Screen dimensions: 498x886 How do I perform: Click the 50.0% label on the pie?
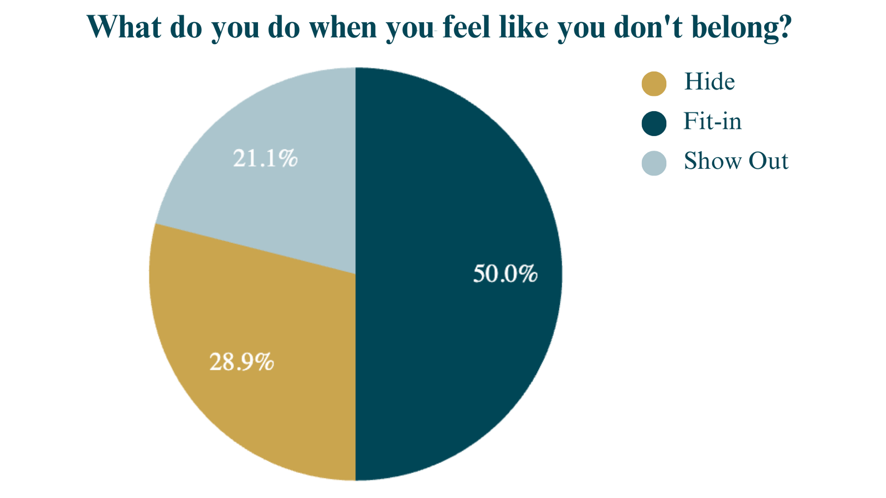pyautogui.click(x=505, y=274)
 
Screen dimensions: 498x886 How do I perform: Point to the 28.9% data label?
pyautogui.click(x=241, y=362)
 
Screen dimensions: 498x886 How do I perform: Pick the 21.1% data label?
pyautogui.click(x=265, y=159)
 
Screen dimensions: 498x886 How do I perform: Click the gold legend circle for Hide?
pyautogui.click(x=654, y=84)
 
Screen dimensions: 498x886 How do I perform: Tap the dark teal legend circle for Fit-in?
pyautogui.click(x=654, y=123)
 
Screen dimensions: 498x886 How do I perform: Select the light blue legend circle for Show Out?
pyautogui.click(x=654, y=163)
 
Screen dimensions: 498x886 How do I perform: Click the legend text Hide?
pyautogui.click(x=709, y=82)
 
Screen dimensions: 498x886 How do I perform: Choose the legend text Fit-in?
pyautogui.click(x=712, y=122)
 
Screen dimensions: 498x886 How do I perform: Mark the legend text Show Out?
pyautogui.click(x=735, y=162)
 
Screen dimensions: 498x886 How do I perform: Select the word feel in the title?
pyautogui.click(x=467, y=26)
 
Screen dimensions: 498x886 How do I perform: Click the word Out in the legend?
pyautogui.click(x=769, y=162)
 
